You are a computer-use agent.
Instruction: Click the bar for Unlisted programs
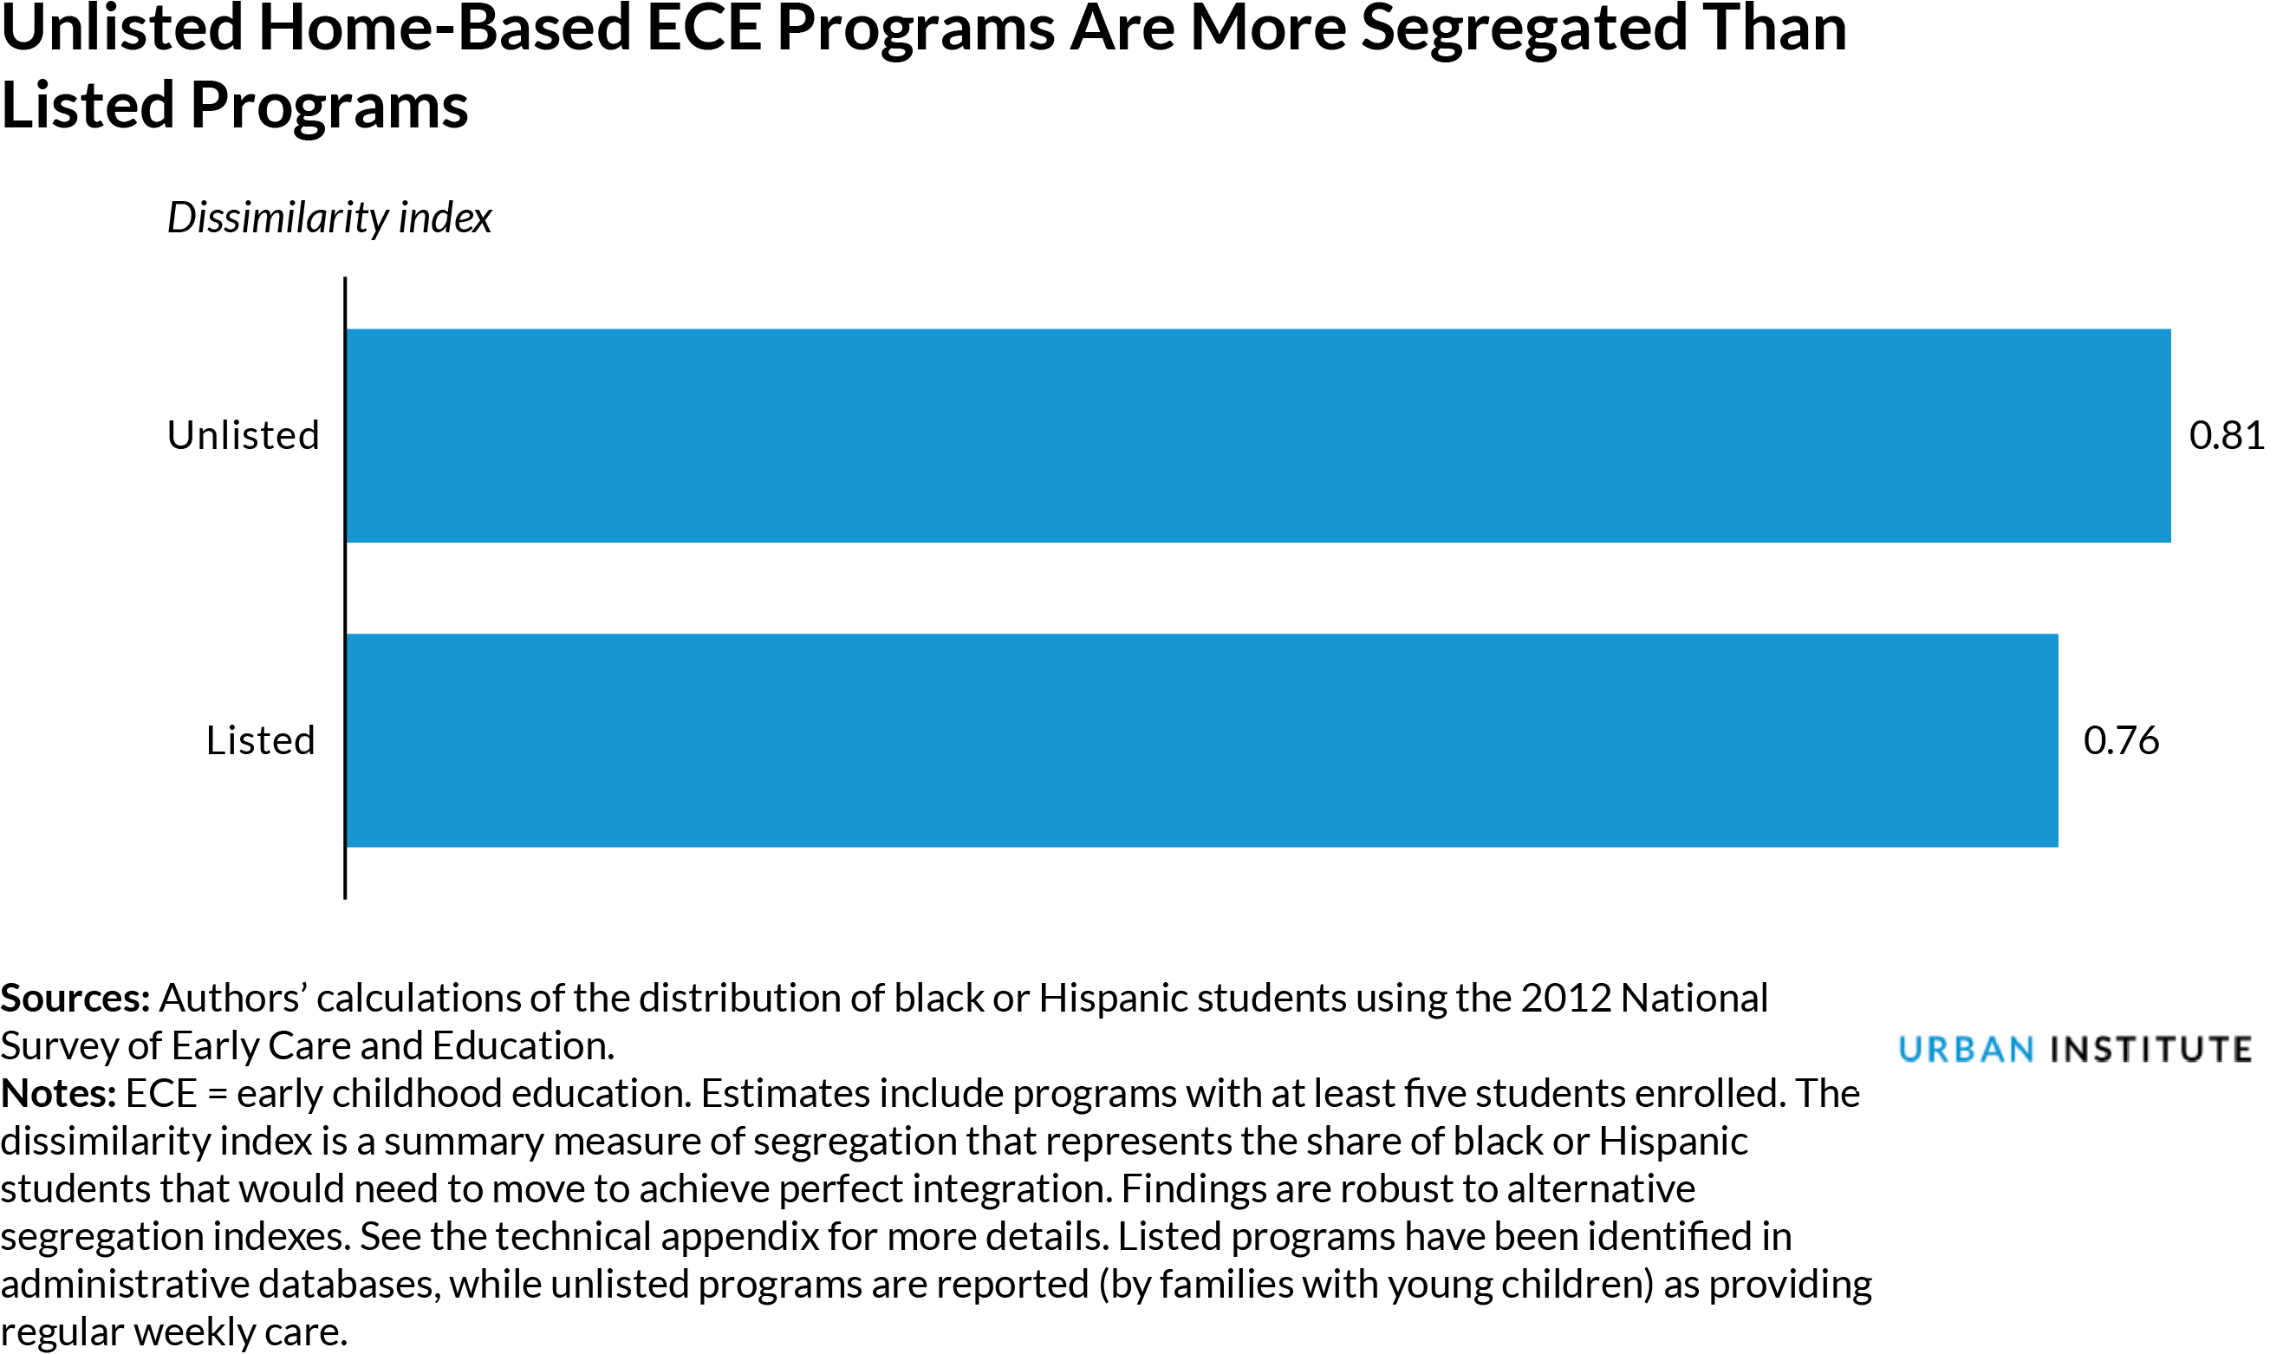click(x=1257, y=436)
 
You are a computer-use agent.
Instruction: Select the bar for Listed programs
click(x=1201, y=741)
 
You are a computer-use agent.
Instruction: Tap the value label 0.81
click(x=2226, y=436)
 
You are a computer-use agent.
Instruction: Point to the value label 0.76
click(x=2121, y=741)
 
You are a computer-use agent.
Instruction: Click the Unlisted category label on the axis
click(x=243, y=436)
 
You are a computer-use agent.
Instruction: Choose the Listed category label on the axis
click(x=260, y=741)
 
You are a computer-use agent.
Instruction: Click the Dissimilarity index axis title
click(x=329, y=218)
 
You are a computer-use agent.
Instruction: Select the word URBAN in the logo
click(x=1966, y=1050)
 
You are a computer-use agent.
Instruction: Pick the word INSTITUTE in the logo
click(x=2150, y=1050)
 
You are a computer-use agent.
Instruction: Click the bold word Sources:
click(x=75, y=999)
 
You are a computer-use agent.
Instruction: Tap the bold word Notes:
click(x=58, y=1094)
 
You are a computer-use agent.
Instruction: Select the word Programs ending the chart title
click(x=329, y=107)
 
